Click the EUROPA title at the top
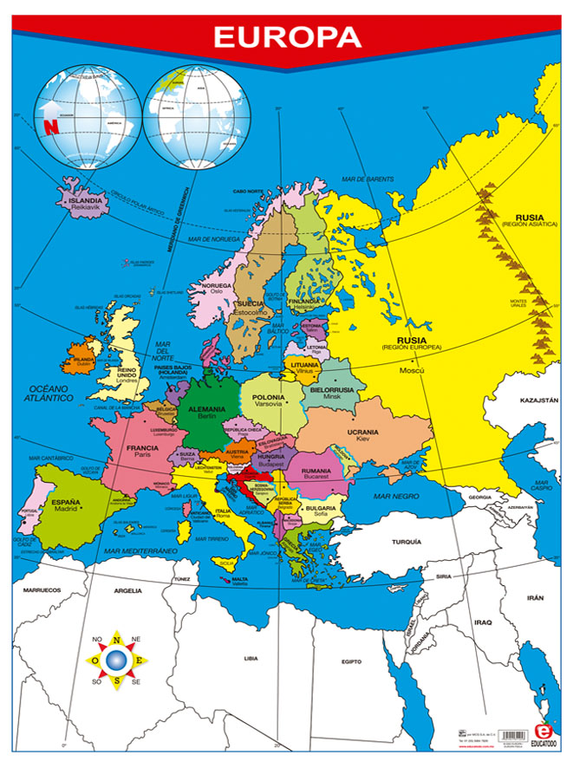pyautogui.click(x=287, y=37)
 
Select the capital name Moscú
pyautogui.click(x=412, y=370)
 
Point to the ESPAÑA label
pyautogui.click(x=65, y=501)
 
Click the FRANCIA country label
pyautogui.click(x=142, y=448)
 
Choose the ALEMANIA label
pyautogui.click(x=206, y=408)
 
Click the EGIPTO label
pyautogui.click(x=350, y=661)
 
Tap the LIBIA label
pyautogui.click(x=251, y=658)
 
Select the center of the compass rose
pyautogui.click(x=115, y=661)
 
